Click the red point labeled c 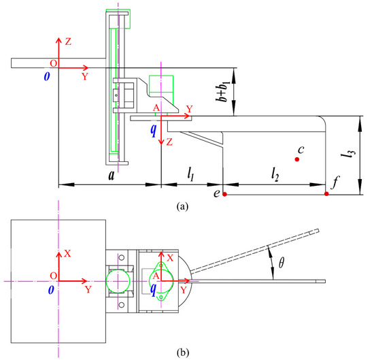click(x=297, y=159)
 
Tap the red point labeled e click(x=224, y=195)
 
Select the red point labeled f click(x=326, y=194)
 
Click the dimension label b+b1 click(x=223, y=91)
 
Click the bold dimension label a click(x=111, y=176)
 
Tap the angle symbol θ click(x=282, y=263)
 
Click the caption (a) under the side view click(x=182, y=206)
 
